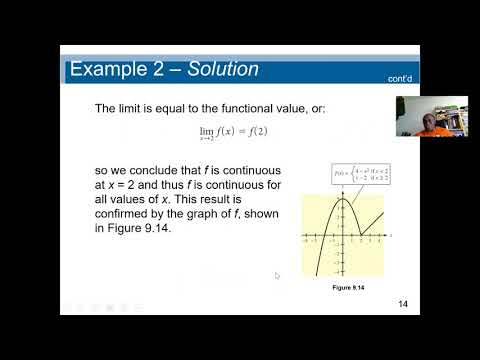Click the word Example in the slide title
[109, 69]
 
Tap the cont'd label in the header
[399, 78]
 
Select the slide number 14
[403, 304]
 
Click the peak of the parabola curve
[341, 199]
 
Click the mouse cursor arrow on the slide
[277, 275]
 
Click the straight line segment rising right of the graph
[372, 222]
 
